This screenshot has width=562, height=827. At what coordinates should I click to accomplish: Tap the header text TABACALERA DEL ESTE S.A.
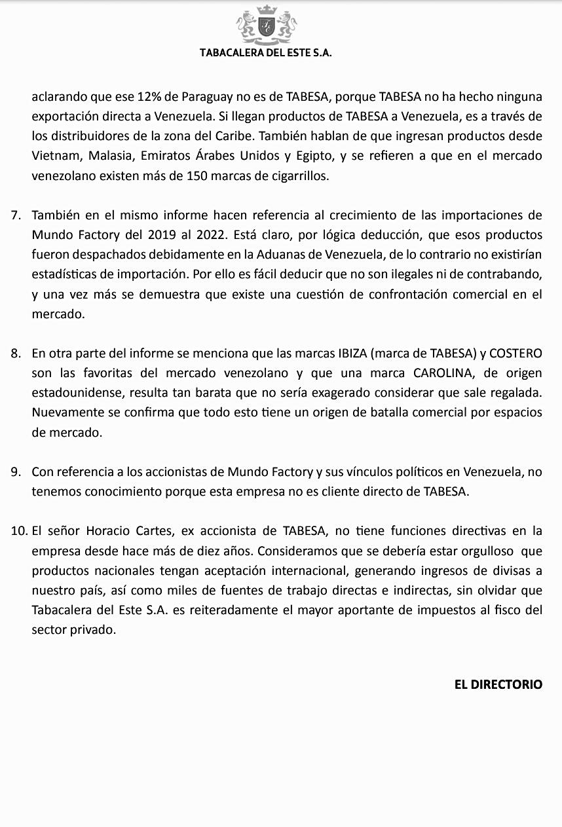(x=266, y=53)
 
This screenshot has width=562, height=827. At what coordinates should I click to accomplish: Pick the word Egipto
(x=318, y=156)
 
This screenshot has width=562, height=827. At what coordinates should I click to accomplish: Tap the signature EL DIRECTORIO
(x=498, y=684)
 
